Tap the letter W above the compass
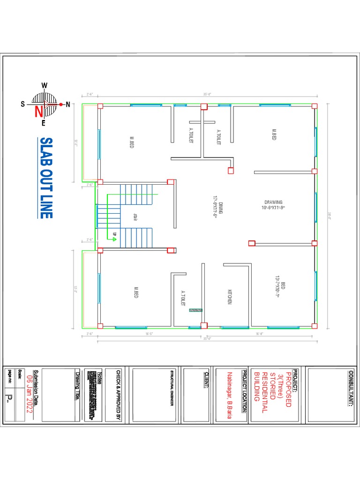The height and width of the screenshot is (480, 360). click(45, 85)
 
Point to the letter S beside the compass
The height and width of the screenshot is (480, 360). click(22, 105)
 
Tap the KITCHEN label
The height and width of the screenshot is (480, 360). click(230, 296)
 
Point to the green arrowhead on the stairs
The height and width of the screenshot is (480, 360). click(114, 239)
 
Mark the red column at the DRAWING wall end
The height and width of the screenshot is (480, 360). click(252, 243)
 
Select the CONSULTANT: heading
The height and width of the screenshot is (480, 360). click(349, 389)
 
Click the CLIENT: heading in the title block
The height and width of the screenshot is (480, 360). click(205, 380)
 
